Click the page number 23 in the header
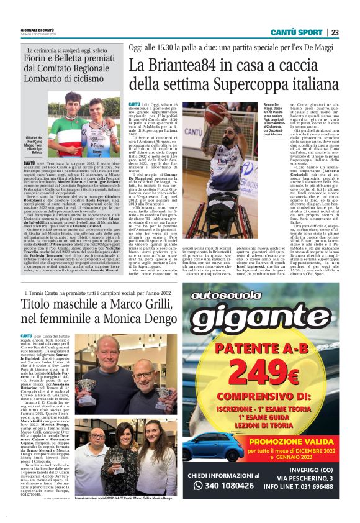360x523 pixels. click(335, 32)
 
